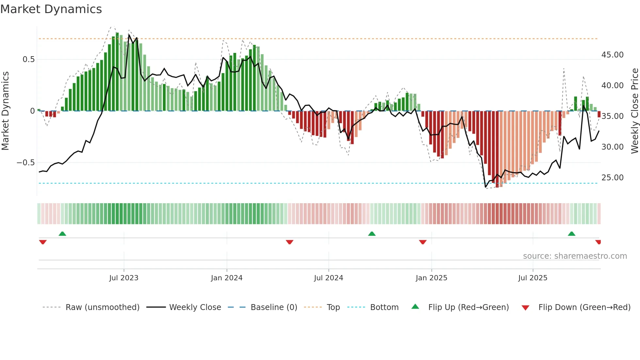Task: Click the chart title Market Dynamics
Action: (x=51, y=9)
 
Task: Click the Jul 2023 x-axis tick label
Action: (x=124, y=278)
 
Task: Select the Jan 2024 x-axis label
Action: (x=227, y=278)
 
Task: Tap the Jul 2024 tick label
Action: (x=328, y=278)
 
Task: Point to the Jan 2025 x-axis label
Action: (x=431, y=278)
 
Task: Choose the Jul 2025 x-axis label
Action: (x=533, y=278)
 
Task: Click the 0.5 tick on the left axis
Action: (x=28, y=59)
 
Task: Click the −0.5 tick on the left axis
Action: (x=26, y=163)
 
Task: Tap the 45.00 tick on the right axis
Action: (x=613, y=55)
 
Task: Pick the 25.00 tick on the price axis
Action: (x=613, y=178)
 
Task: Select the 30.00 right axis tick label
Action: (x=613, y=147)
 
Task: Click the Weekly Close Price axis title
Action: (x=634, y=111)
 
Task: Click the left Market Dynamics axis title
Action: (x=5, y=111)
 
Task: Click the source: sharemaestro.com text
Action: (x=575, y=256)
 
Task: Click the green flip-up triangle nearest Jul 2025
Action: (x=571, y=234)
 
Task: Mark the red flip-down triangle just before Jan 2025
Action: (x=423, y=242)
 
